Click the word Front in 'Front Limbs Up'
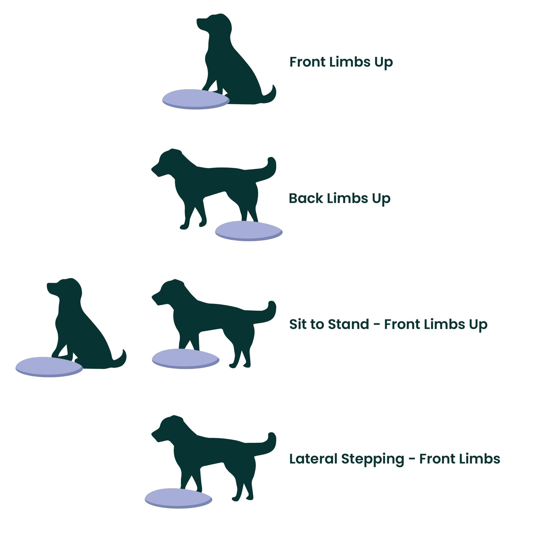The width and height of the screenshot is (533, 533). (x=307, y=62)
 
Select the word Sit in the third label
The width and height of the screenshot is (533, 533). (x=298, y=324)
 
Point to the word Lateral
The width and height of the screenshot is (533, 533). (x=313, y=459)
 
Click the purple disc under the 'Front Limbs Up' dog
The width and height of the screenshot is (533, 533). (x=196, y=99)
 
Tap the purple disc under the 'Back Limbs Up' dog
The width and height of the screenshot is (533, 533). (x=249, y=231)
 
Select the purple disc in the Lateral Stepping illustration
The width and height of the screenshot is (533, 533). (x=178, y=498)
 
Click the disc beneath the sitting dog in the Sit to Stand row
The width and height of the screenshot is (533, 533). (x=49, y=367)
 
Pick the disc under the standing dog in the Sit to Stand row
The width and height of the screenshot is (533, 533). (x=185, y=358)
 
